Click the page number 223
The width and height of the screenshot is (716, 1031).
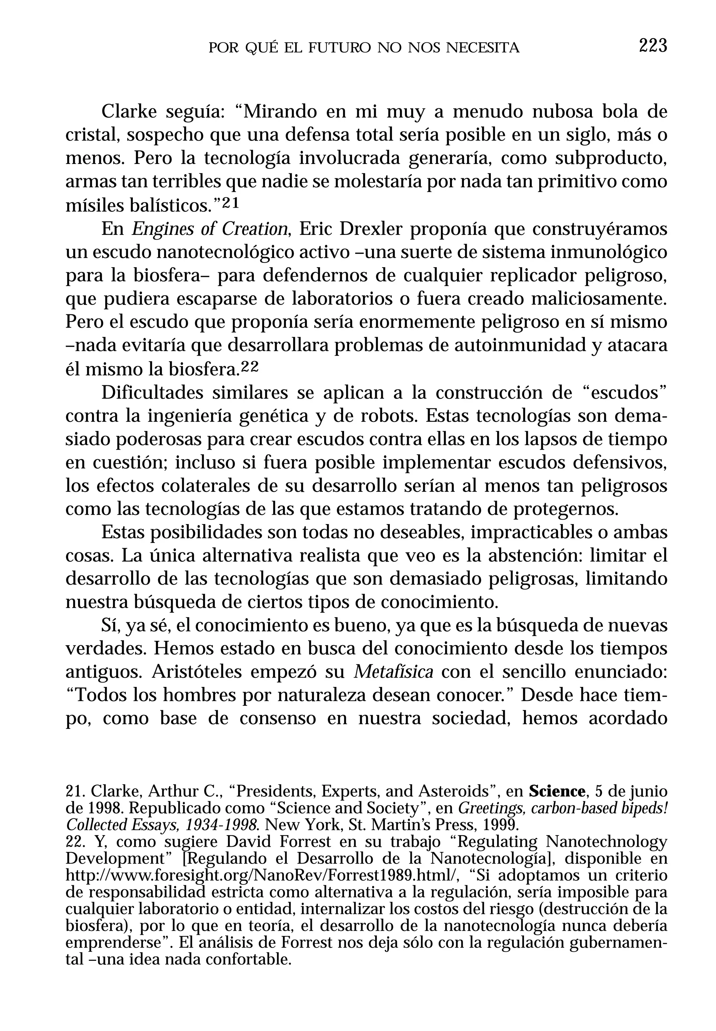(x=653, y=46)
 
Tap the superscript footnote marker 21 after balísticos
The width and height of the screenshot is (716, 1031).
(x=231, y=203)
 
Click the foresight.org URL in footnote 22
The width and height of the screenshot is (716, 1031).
(x=263, y=875)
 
